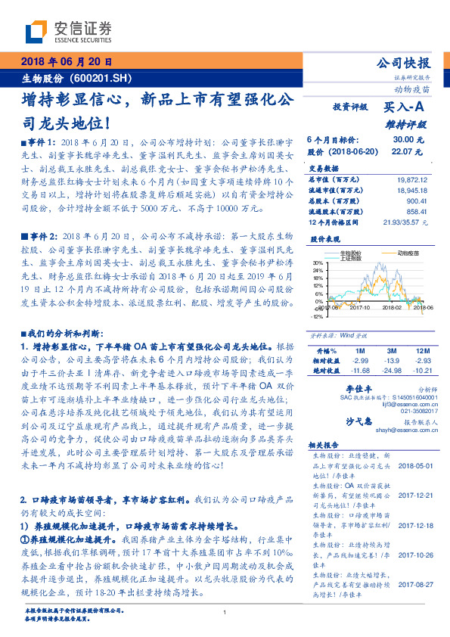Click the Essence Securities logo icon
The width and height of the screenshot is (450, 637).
click(x=35, y=31)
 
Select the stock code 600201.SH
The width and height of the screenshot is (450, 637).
click(x=112, y=79)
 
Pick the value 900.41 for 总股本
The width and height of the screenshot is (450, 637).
click(x=417, y=202)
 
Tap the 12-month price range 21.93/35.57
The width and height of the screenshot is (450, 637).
click(x=408, y=224)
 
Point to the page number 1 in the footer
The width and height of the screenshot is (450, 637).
click(x=225, y=614)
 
